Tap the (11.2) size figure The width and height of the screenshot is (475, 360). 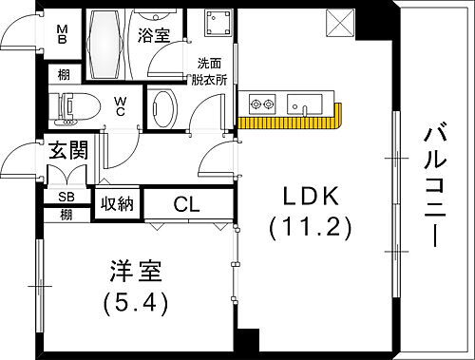pyautogui.click(x=310, y=228)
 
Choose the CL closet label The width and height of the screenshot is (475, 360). pyautogui.click(x=187, y=203)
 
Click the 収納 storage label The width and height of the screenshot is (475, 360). pyautogui.click(x=119, y=203)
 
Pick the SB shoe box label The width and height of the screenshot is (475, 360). pyautogui.click(x=66, y=197)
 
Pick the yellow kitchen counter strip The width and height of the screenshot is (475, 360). pyautogui.click(x=291, y=121)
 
